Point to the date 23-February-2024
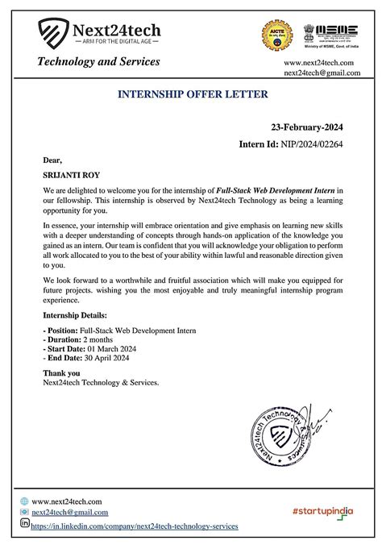pos(306,128)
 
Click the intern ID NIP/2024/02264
pos(315,146)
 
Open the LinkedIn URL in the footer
pos(135,526)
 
